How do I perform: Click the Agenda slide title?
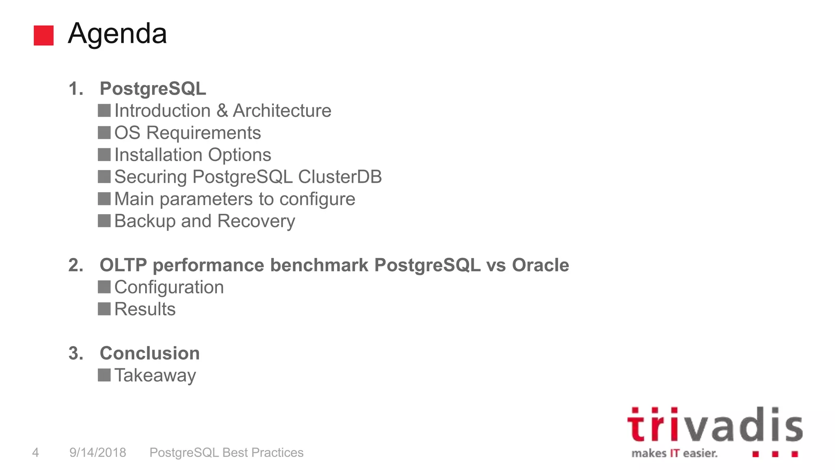tap(117, 33)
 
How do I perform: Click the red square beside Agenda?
tap(44, 35)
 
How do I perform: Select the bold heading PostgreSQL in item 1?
tap(153, 89)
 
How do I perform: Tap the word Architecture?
tap(282, 111)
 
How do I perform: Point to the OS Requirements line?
tap(188, 133)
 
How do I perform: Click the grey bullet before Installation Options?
tap(104, 155)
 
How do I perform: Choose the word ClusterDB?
tap(340, 177)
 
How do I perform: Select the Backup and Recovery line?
tap(204, 221)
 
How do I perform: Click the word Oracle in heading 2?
tap(540, 265)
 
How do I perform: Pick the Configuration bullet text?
tap(169, 287)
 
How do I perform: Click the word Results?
tap(145, 309)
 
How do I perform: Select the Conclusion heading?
tap(150, 353)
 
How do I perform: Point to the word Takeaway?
tap(155, 375)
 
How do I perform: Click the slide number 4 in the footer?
tap(35, 452)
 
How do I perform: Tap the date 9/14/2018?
tap(98, 452)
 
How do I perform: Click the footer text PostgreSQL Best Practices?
tap(226, 452)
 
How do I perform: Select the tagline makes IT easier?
tap(674, 453)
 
